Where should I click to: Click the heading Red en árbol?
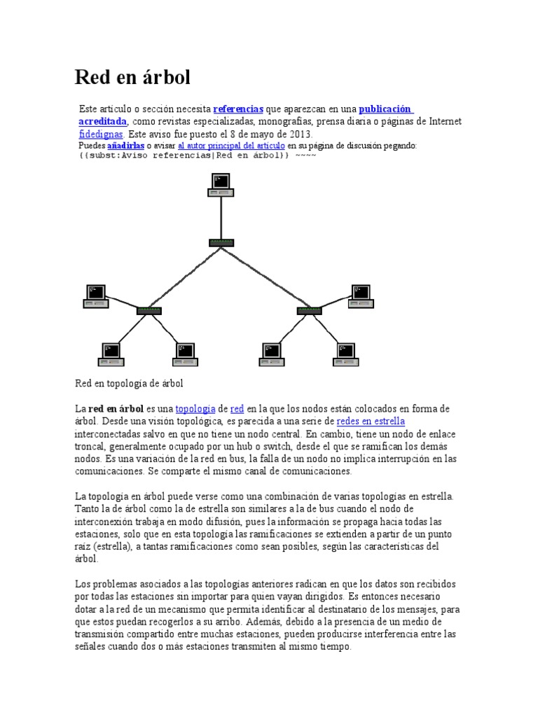pyautogui.click(x=132, y=77)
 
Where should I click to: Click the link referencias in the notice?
pyautogui.click(x=238, y=109)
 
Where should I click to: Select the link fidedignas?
pyautogui.click(x=102, y=133)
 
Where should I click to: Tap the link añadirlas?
pyautogui.click(x=125, y=145)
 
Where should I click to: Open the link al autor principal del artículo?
pyautogui.click(x=231, y=145)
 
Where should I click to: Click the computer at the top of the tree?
pyautogui.click(x=221, y=184)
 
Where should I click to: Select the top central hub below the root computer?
pyautogui.click(x=221, y=242)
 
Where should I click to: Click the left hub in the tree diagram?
pyautogui.click(x=149, y=310)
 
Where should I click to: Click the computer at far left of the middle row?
pyautogui.click(x=95, y=295)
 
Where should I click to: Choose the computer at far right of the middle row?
pyautogui.click(x=361, y=295)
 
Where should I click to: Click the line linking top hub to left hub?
pyautogui.click(x=185, y=277)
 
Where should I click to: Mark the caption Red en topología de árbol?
pyautogui.click(x=128, y=384)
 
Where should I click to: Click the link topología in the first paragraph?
pyautogui.click(x=195, y=408)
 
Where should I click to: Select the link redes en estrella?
pyautogui.click(x=371, y=421)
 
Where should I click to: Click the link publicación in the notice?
pyautogui.click(x=386, y=109)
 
